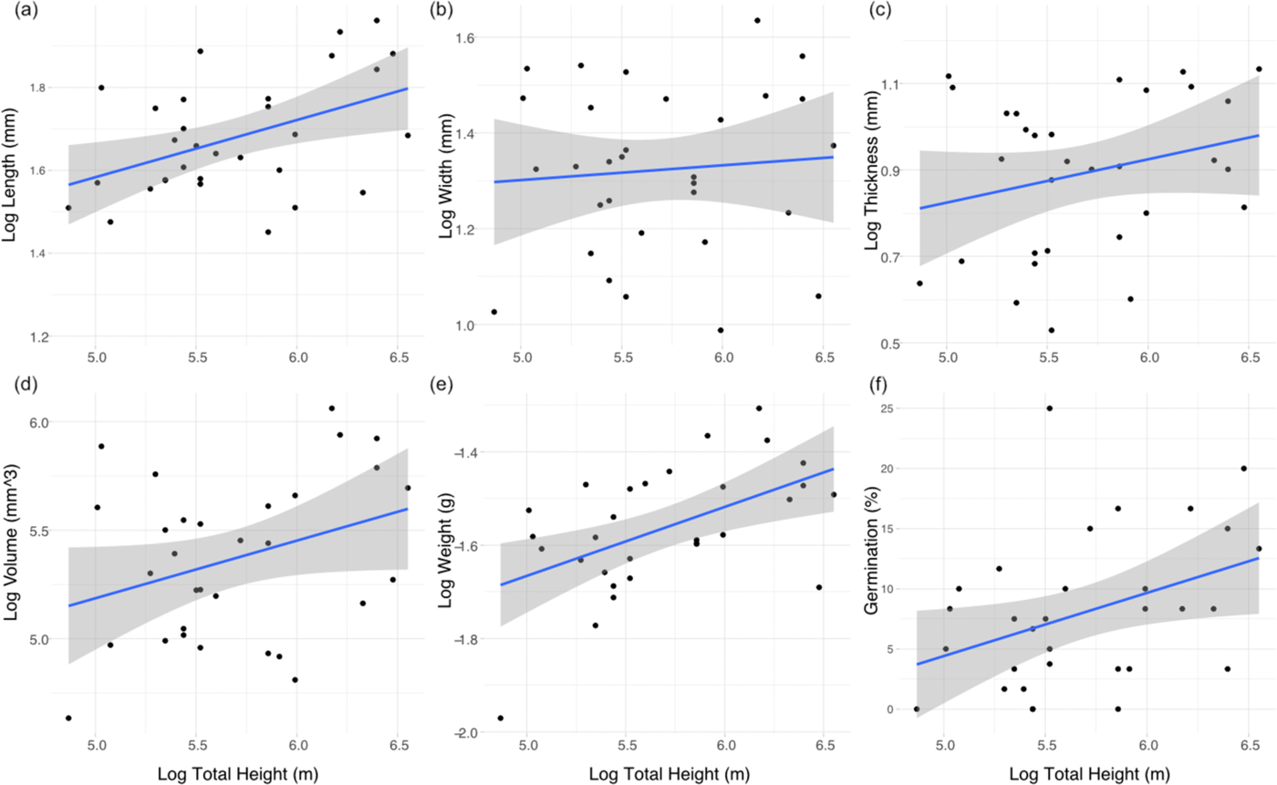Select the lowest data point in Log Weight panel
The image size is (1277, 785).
click(500, 718)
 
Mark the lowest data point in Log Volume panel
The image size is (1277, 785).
click(68, 718)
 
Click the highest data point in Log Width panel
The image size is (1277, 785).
click(757, 20)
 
